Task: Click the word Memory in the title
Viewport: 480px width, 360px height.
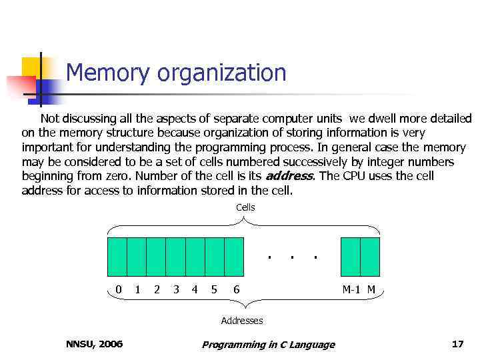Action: click(x=109, y=73)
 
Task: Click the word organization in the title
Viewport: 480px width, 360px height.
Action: click(x=222, y=73)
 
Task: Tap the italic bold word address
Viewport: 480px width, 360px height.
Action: click(x=289, y=177)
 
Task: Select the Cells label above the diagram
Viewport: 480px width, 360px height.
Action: click(x=245, y=207)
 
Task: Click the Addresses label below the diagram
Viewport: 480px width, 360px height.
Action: click(x=242, y=321)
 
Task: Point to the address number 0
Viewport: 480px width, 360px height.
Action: click(x=119, y=289)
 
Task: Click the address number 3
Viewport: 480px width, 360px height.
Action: click(x=176, y=289)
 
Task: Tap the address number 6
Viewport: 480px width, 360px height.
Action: click(x=237, y=289)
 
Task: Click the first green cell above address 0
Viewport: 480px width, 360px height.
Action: click(x=117, y=257)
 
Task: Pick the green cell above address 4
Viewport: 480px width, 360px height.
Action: click(x=195, y=257)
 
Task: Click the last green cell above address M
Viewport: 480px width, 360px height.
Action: click(x=370, y=257)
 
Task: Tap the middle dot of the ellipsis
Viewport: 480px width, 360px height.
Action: click(x=291, y=256)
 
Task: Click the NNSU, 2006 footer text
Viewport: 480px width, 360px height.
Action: click(x=95, y=344)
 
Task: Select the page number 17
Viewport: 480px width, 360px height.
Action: click(x=457, y=344)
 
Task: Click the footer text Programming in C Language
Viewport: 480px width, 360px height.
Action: click(x=269, y=345)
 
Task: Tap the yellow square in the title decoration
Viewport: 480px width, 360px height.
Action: click(x=31, y=68)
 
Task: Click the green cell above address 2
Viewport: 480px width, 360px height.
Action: click(x=156, y=257)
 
